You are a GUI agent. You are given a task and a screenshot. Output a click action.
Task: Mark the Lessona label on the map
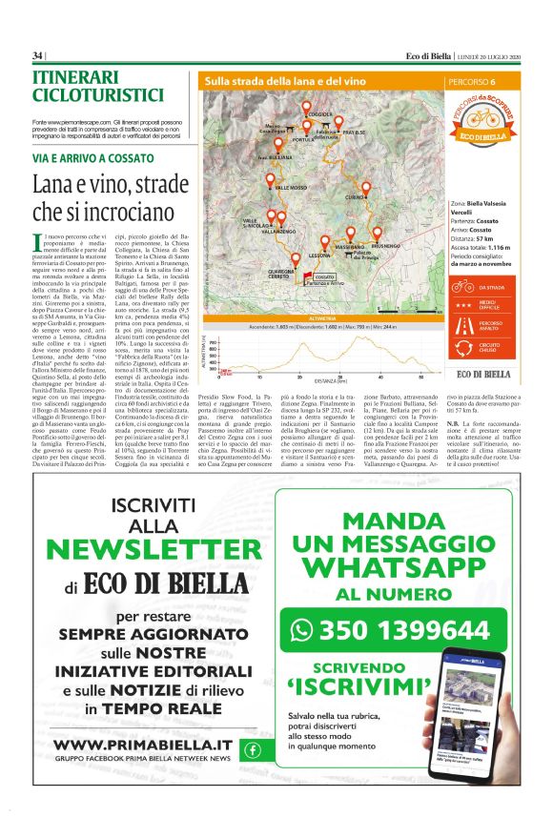(x=294, y=255)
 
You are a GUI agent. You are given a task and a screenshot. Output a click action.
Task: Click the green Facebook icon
(x=253, y=749)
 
